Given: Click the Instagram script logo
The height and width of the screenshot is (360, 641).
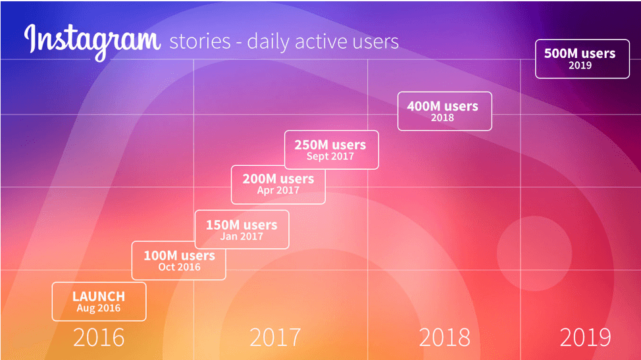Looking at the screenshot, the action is click(92, 41).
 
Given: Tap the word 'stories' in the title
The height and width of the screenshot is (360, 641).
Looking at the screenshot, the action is click(200, 41).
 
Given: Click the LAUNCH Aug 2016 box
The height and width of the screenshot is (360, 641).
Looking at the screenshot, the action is click(99, 301).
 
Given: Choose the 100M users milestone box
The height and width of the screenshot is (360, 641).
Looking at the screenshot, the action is click(178, 261).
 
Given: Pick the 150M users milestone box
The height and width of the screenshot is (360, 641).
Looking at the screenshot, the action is click(242, 230).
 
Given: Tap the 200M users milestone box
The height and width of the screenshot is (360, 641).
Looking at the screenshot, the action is click(278, 185).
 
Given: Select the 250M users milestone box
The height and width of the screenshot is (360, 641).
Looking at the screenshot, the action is click(332, 150).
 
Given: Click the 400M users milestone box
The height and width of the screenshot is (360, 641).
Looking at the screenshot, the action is click(445, 111).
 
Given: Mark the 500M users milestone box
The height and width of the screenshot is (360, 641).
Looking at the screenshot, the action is click(582, 59).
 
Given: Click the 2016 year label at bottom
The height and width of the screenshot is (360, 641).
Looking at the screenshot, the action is click(99, 338).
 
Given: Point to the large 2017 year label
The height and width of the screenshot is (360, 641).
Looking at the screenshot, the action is click(274, 338).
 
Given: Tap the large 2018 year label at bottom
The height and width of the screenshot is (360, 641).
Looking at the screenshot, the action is click(444, 338).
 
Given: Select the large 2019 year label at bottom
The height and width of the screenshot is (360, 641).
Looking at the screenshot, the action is click(586, 338).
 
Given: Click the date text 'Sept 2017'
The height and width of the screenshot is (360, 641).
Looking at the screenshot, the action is click(330, 157).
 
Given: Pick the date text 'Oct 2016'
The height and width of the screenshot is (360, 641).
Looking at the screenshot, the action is click(180, 267).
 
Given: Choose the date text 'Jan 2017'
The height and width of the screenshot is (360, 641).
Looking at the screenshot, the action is click(242, 236).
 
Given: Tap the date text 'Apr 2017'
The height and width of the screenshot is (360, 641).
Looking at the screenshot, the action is click(278, 190).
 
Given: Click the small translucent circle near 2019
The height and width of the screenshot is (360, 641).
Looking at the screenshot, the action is click(534, 253).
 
